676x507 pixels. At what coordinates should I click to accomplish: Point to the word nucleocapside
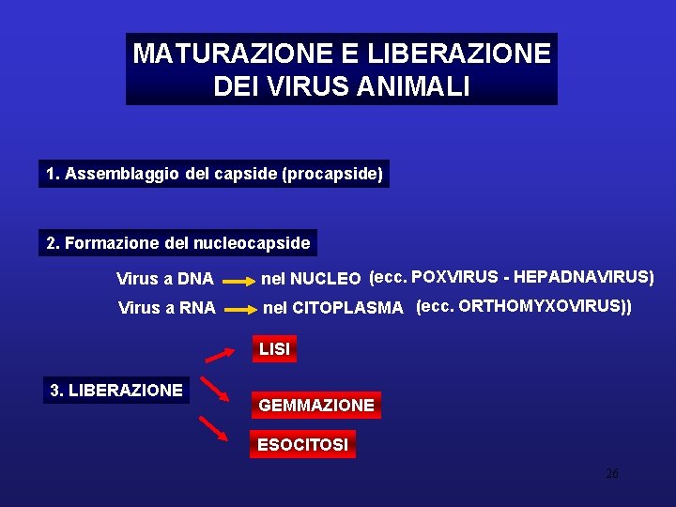coord(251,243)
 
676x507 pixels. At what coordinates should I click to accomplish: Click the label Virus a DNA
coord(164,279)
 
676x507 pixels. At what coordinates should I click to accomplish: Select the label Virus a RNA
coord(166,307)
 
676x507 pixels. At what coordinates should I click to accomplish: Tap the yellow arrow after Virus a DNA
coord(238,280)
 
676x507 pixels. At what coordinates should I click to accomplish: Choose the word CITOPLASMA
coord(347,307)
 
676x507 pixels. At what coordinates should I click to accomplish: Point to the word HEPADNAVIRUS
coord(585,276)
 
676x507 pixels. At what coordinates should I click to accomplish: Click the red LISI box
coord(274,349)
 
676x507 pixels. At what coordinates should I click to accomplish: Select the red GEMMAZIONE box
coord(316,405)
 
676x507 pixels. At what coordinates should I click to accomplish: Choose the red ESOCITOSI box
coord(302,444)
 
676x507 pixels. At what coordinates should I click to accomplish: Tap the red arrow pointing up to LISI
coord(220,354)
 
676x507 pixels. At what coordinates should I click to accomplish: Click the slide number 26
coord(611,473)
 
